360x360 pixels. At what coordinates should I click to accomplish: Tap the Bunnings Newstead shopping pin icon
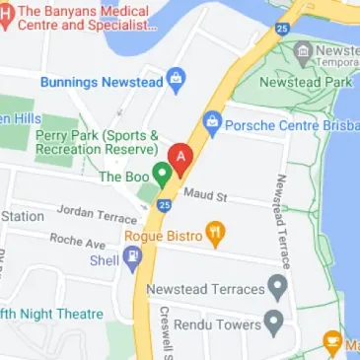176,78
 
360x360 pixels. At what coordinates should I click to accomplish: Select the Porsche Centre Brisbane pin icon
211,123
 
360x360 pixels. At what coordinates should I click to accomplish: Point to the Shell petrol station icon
133,260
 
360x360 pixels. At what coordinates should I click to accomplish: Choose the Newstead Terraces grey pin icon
279,289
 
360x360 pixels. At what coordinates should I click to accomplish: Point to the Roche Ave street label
77,241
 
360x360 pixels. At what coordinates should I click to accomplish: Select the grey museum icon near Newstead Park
303,50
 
